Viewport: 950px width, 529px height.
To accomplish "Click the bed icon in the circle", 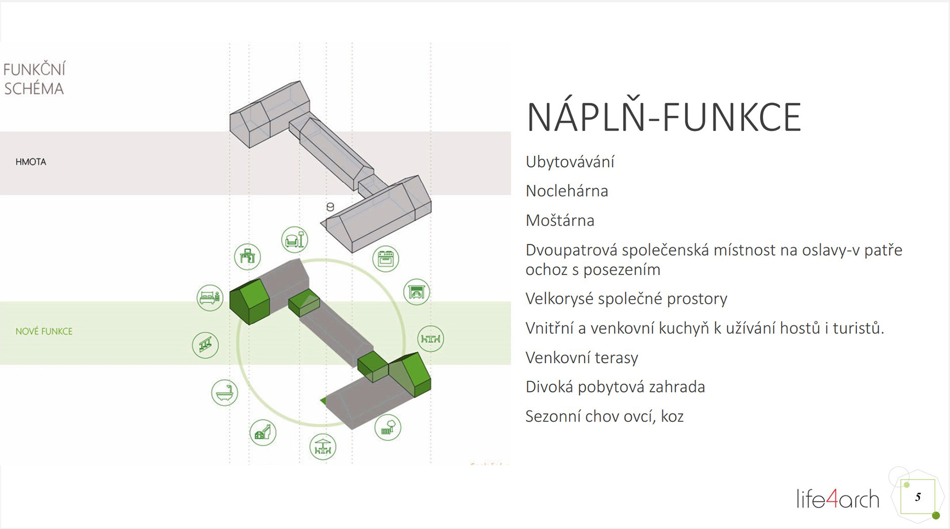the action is [x=210, y=298].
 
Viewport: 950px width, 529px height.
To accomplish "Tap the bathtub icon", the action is [x=225, y=393].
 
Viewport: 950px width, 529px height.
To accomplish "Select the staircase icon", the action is [x=205, y=345].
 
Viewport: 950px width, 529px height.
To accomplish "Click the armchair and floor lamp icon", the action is [x=295, y=240].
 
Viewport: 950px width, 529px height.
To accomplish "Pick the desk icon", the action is [x=247, y=257].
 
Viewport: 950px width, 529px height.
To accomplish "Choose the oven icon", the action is [x=385, y=259].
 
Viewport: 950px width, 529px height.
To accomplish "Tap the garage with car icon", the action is [x=417, y=292].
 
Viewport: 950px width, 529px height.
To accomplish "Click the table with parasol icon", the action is [x=323, y=446].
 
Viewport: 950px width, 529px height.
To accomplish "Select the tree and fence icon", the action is [x=388, y=427].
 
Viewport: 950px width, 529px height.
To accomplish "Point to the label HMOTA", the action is [x=31, y=162].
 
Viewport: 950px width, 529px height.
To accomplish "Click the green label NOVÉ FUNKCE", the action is [x=44, y=331].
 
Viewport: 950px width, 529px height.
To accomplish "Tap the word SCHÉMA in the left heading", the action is [x=34, y=89].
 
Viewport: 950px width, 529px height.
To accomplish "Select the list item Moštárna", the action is [x=560, y=220].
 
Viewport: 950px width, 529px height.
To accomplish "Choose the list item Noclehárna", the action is [x=567, y=191].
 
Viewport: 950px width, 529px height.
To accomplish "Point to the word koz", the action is [x=672, y=416].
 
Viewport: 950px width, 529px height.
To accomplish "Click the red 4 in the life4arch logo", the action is [x=832, y=498].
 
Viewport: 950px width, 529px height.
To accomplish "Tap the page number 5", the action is [x=918, y=497].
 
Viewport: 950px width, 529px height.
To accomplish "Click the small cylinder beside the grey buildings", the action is [x=330, y=207].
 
